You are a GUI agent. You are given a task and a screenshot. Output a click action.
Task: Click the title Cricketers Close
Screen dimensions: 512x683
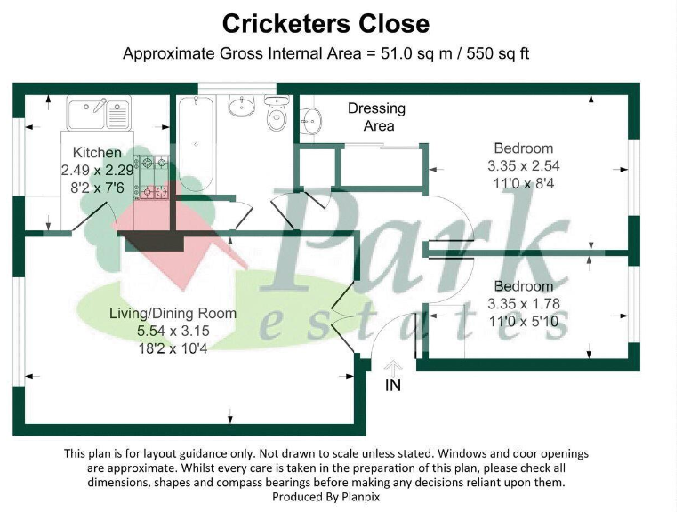[325, 24]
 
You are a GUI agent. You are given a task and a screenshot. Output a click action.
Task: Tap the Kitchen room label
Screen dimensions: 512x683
[97, 153]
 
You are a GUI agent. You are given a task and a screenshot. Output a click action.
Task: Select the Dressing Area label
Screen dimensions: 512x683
[376, 116]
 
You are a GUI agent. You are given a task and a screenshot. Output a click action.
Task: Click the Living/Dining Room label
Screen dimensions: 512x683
[173, 313]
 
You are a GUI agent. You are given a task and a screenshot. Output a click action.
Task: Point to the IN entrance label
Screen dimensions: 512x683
[393, 385]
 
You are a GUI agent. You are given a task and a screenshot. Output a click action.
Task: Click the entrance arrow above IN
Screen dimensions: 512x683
[394, 365]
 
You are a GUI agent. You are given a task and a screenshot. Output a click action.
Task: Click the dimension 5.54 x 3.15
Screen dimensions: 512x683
[173, 331]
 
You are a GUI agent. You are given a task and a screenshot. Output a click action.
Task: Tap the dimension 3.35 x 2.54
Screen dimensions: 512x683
[524, 166]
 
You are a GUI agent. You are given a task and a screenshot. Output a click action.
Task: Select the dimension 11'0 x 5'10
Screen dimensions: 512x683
[524, 321]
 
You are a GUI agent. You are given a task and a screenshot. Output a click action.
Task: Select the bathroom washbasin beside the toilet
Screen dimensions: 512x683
[242, 107]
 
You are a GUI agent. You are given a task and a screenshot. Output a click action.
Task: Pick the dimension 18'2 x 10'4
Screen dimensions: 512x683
[173, 348]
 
